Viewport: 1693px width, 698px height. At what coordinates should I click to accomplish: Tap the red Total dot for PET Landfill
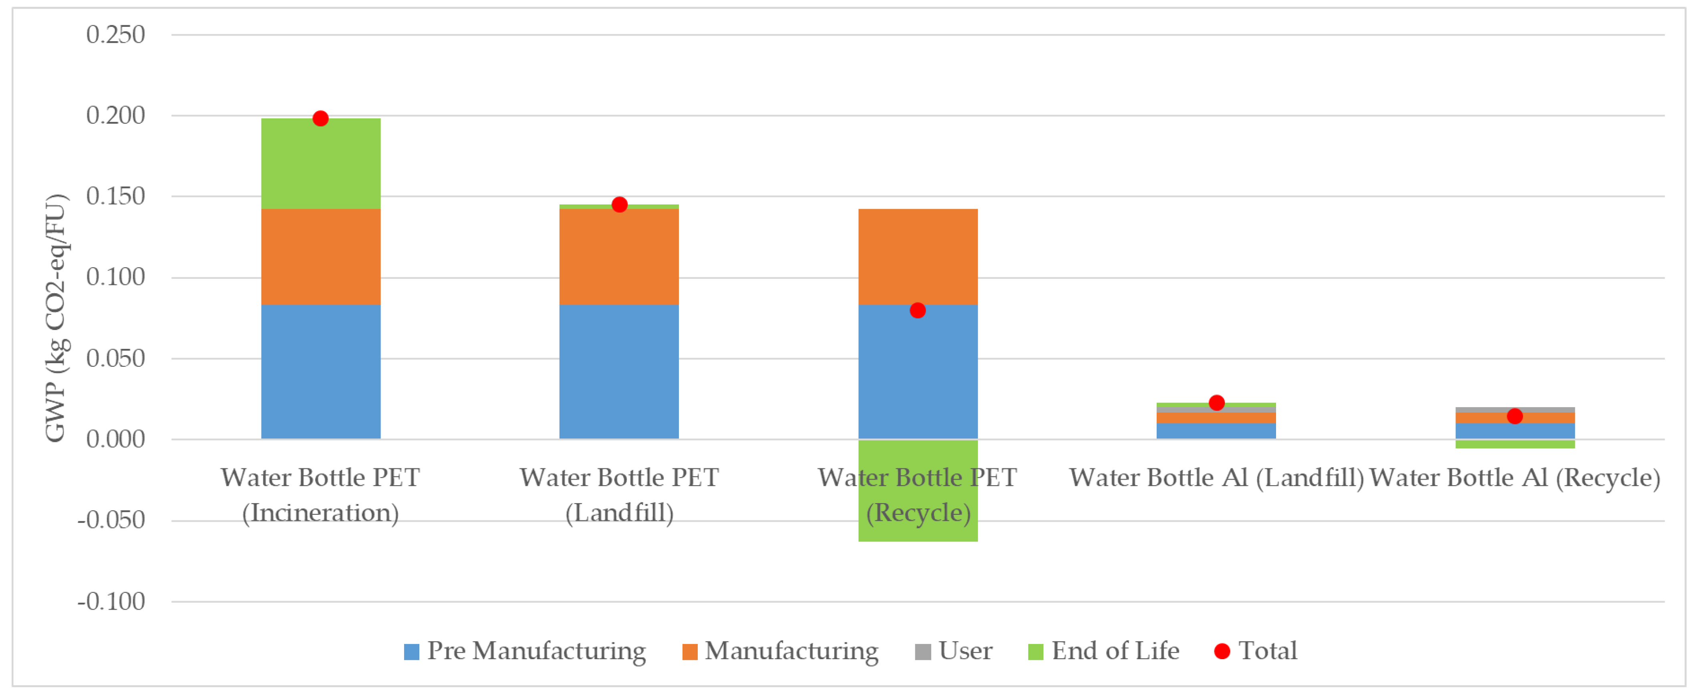619,205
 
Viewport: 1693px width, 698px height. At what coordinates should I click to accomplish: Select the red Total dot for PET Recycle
918,310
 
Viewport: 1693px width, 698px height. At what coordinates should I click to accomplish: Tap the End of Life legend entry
1104,651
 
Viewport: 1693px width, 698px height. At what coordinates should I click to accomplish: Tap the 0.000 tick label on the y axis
116,439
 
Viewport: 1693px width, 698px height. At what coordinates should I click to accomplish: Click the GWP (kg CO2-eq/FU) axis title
56,318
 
